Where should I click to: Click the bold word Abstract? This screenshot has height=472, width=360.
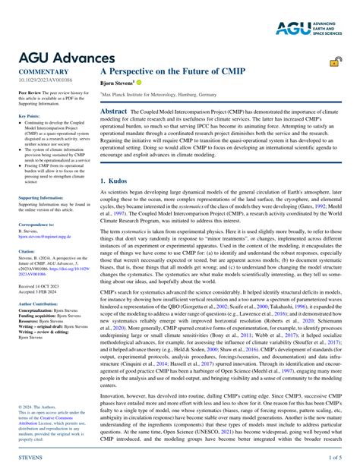click(x=114, y=111)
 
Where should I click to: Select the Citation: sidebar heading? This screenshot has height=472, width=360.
click(x=27, y=250)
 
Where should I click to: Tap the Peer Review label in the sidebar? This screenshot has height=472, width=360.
click(x=30, y=90)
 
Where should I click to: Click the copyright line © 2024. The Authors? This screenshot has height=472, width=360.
click(x=37, y=406)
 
